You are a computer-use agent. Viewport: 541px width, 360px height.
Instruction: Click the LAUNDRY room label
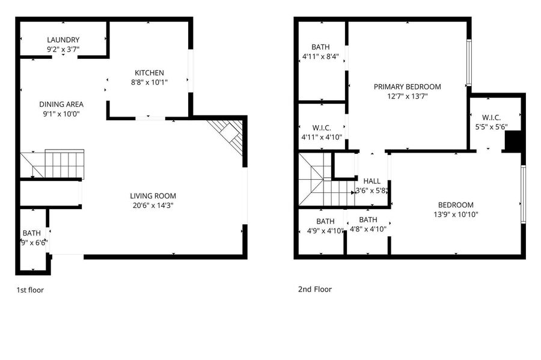[63, 40]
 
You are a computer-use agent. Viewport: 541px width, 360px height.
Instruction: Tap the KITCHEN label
[149, 73]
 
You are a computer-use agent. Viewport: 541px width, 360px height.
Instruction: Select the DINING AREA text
[61, 104]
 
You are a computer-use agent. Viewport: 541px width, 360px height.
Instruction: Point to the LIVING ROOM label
[153, 196]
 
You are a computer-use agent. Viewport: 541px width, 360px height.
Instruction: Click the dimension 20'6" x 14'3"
[153, 206]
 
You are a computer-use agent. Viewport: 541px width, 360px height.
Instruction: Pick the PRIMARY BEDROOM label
[407, 87]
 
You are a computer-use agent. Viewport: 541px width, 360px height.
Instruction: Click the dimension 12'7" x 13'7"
[407, 96]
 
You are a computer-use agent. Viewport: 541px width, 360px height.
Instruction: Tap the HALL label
[371, 181]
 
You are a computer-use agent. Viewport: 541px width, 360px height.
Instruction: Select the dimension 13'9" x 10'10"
[456, 214]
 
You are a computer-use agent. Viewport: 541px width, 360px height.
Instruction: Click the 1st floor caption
[30, 290]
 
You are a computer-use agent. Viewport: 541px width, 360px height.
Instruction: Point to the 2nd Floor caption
[314, 289]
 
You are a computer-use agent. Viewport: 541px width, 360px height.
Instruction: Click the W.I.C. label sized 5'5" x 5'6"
[491, 118]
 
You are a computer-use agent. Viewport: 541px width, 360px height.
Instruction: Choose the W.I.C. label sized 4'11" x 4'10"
[322, 128]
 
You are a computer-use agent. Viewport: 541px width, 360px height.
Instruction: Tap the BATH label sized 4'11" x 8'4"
[320, 47]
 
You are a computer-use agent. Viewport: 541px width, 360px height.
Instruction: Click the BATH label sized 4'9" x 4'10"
[325, 221]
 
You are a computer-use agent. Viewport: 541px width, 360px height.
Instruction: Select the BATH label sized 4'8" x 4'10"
[368, 219]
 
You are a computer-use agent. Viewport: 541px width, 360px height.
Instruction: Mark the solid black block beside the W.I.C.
[513, 141]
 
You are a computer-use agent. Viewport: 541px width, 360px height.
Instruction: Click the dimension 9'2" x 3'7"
[63, 49]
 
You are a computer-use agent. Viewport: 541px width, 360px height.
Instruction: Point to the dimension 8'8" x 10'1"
[149, 82]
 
